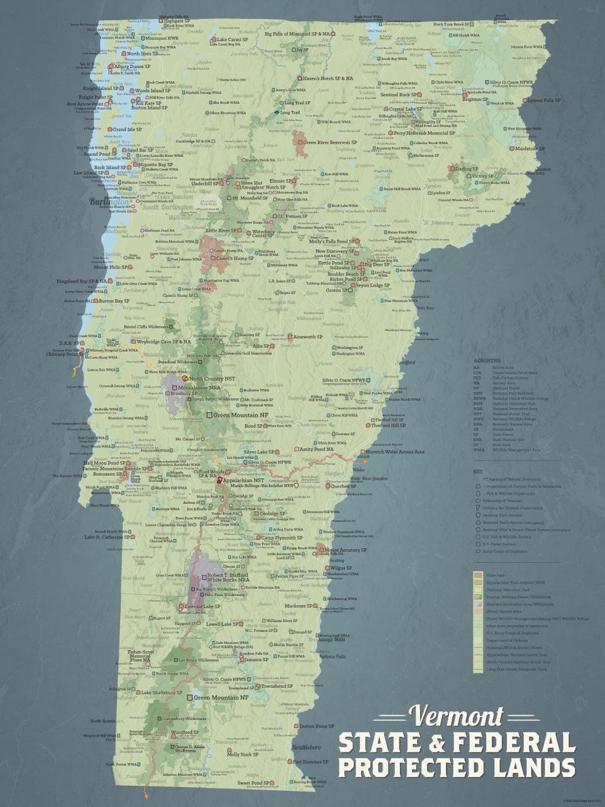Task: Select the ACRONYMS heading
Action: tap(487, 360)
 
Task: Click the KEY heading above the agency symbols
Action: tap(477, 472)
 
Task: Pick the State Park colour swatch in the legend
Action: tap(477, 575)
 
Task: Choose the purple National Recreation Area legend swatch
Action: tap(477, 605)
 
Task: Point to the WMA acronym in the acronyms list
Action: tap(479, 450)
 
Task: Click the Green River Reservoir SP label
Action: tap(329, 142)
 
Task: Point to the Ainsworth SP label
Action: tap(308, 337)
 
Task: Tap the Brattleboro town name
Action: tap(306, 748)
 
